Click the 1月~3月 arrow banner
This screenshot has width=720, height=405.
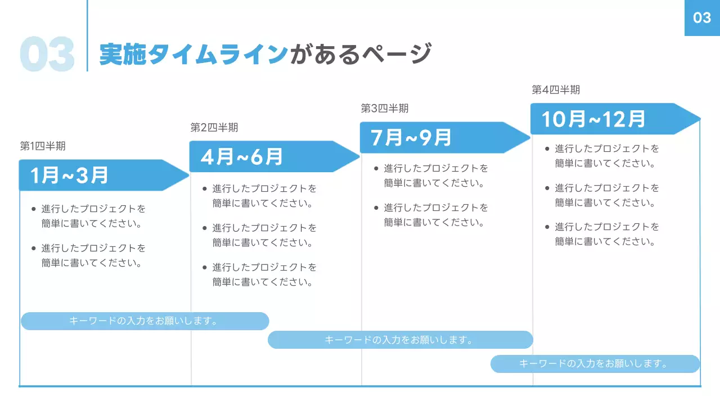101,175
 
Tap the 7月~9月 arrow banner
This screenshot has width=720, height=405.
442,137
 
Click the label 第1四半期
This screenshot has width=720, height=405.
43,146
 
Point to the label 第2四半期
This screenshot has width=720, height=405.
214,128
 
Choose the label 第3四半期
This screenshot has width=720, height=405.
385,109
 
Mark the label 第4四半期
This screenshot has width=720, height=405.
556,90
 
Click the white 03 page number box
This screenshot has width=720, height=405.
702,18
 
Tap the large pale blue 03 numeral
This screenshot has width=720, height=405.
47,55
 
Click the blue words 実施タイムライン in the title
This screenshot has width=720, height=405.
193,55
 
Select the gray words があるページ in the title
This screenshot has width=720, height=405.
361,55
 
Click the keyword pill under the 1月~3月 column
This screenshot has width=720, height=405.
145,321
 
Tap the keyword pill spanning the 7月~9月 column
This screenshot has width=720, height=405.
400,340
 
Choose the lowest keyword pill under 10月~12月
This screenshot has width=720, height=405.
595,364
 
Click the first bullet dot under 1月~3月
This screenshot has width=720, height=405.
34,209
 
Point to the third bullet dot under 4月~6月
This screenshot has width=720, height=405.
205,268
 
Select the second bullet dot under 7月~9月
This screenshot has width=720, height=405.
377,208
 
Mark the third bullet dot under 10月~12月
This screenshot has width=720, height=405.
547,227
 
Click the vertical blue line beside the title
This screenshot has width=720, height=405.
87,35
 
